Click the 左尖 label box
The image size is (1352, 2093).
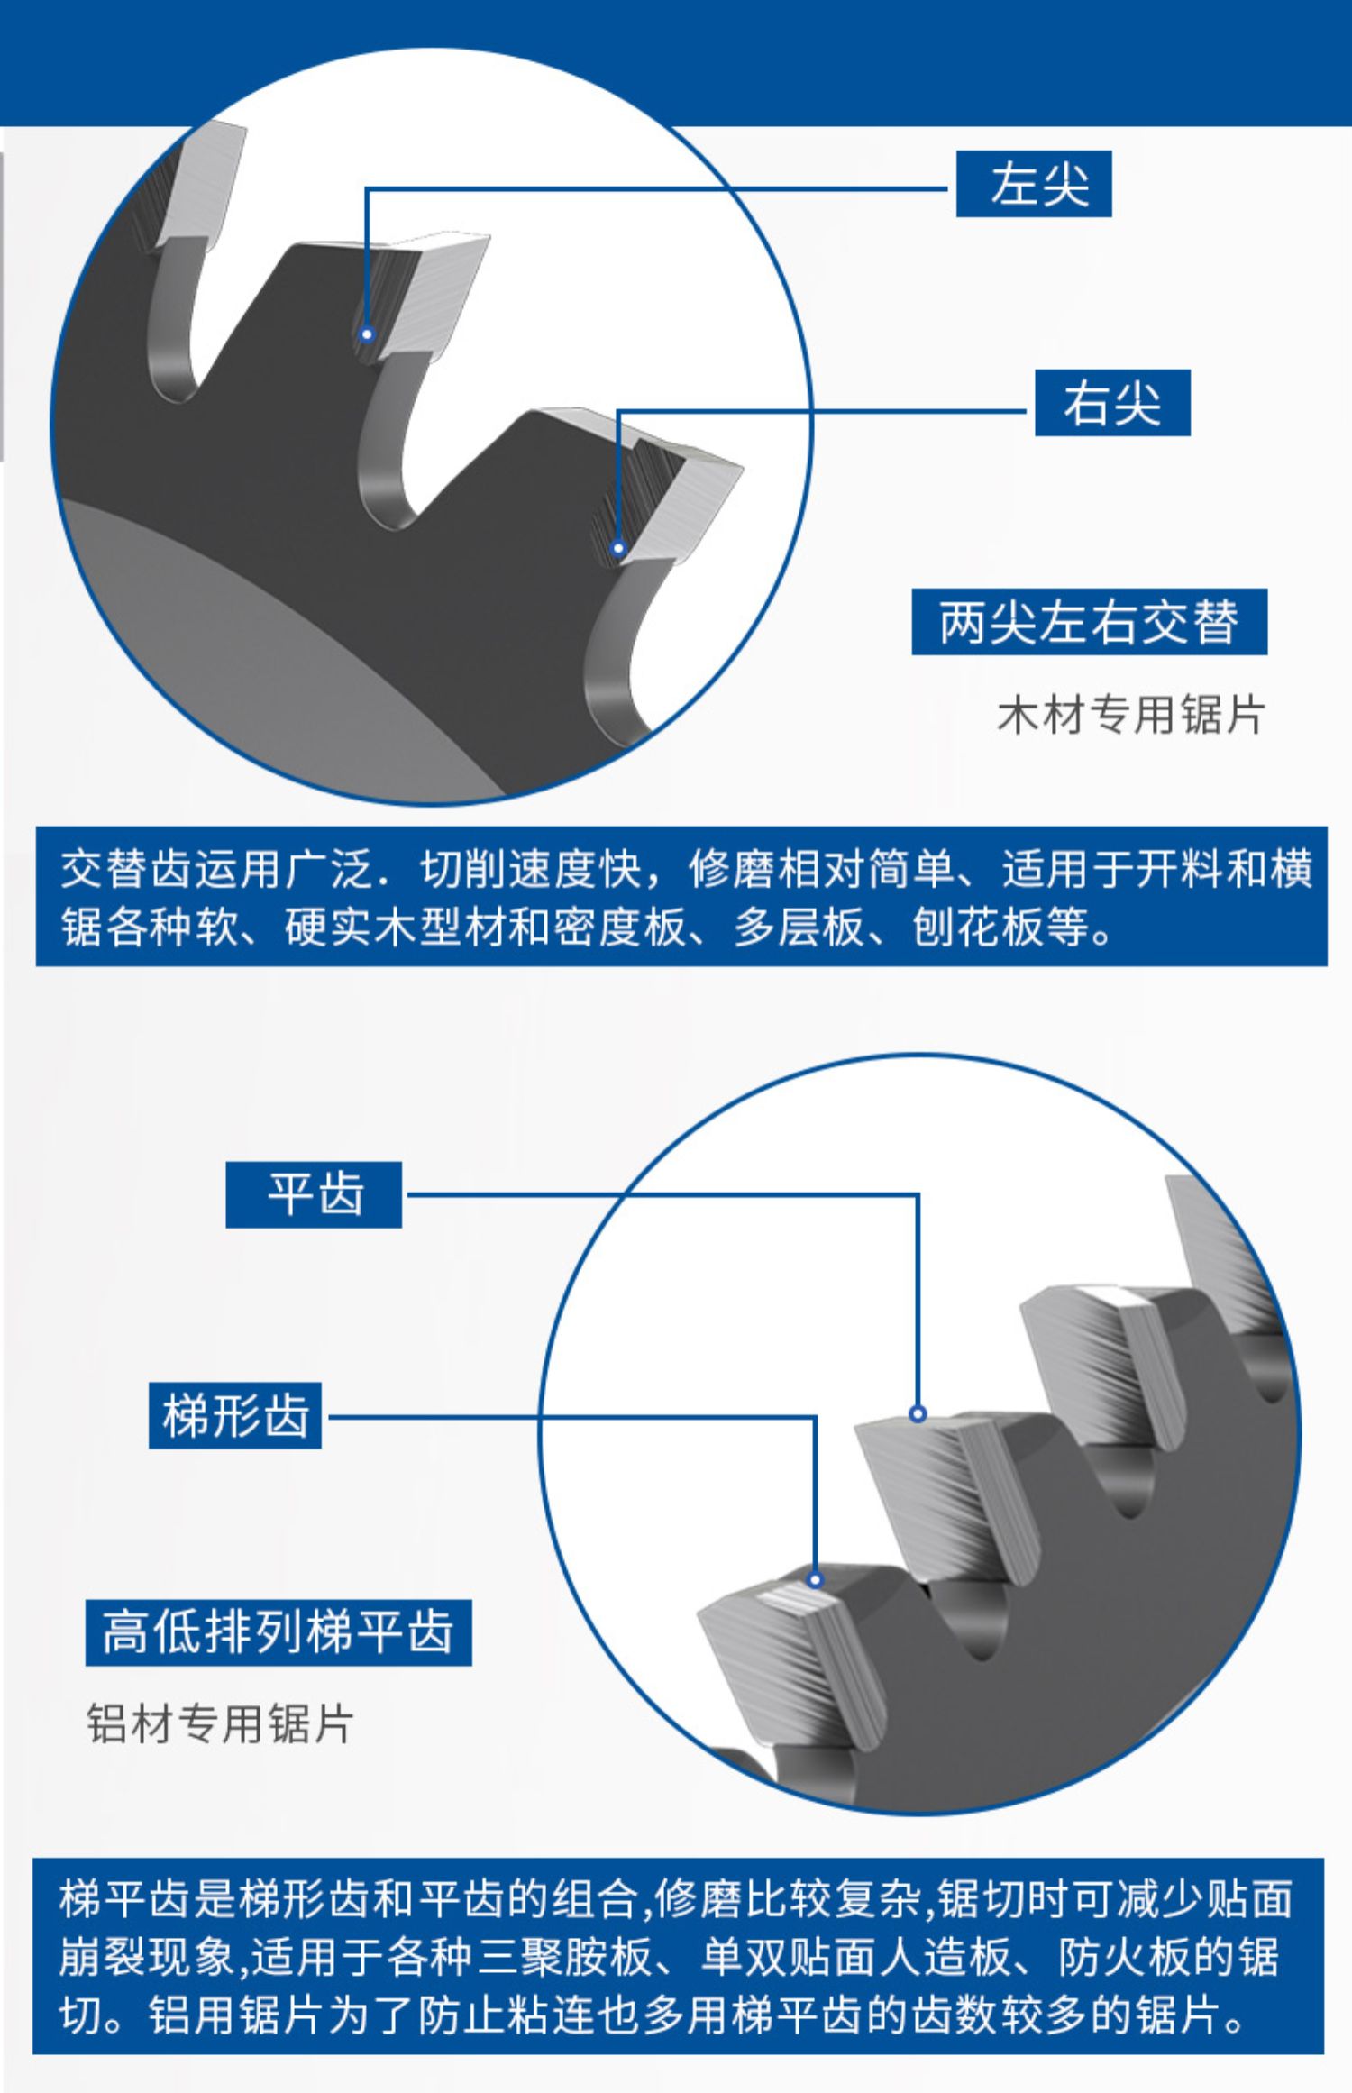click(1033, 184)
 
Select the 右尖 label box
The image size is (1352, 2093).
click(1112, 402)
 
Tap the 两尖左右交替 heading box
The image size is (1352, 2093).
click(1089, 622)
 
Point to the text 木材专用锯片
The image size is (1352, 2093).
click(1131, 715)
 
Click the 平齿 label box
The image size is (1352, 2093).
click(314, 1194)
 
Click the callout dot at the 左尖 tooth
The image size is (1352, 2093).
click(367, 334)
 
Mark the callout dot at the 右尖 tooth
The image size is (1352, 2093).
click(618, 548)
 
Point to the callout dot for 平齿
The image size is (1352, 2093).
click(918, 1413)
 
